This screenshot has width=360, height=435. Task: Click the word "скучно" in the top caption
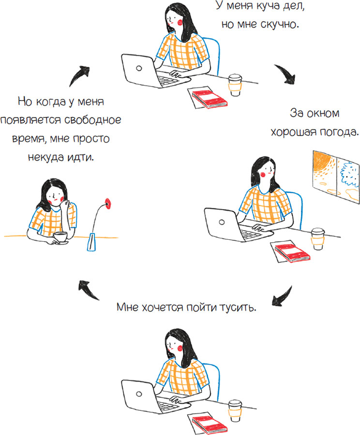(280, 25)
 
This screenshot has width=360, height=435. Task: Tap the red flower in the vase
(107, 203)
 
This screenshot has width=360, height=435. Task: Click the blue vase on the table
(91, 242)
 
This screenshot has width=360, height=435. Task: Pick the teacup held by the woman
(60, 238)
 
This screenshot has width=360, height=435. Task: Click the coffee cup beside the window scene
(318, 239)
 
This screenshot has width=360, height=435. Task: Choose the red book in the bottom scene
(210, 423)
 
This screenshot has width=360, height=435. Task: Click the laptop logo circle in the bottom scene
(139, 393)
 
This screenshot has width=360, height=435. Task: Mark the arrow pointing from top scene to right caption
(286, 73)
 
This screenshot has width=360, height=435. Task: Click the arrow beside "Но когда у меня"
(78, 75)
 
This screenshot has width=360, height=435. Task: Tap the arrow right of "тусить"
(283, 296)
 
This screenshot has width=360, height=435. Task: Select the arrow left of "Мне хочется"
(88, 290)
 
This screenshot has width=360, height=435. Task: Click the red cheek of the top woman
(180, 22)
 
